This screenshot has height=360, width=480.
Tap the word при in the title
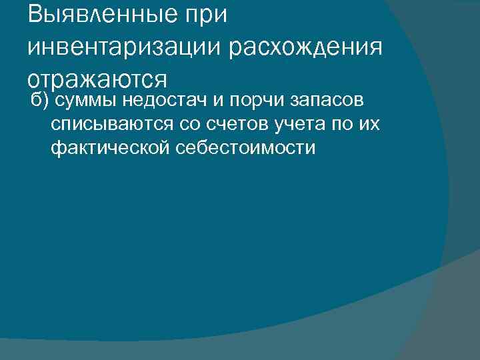(x=202, y=15)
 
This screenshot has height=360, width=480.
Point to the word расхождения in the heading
(x=306, y=47)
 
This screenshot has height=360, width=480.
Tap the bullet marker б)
(x=42, y=101)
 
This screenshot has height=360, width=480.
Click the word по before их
(x=336, y=124)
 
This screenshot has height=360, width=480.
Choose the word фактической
(x=110, y=147)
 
